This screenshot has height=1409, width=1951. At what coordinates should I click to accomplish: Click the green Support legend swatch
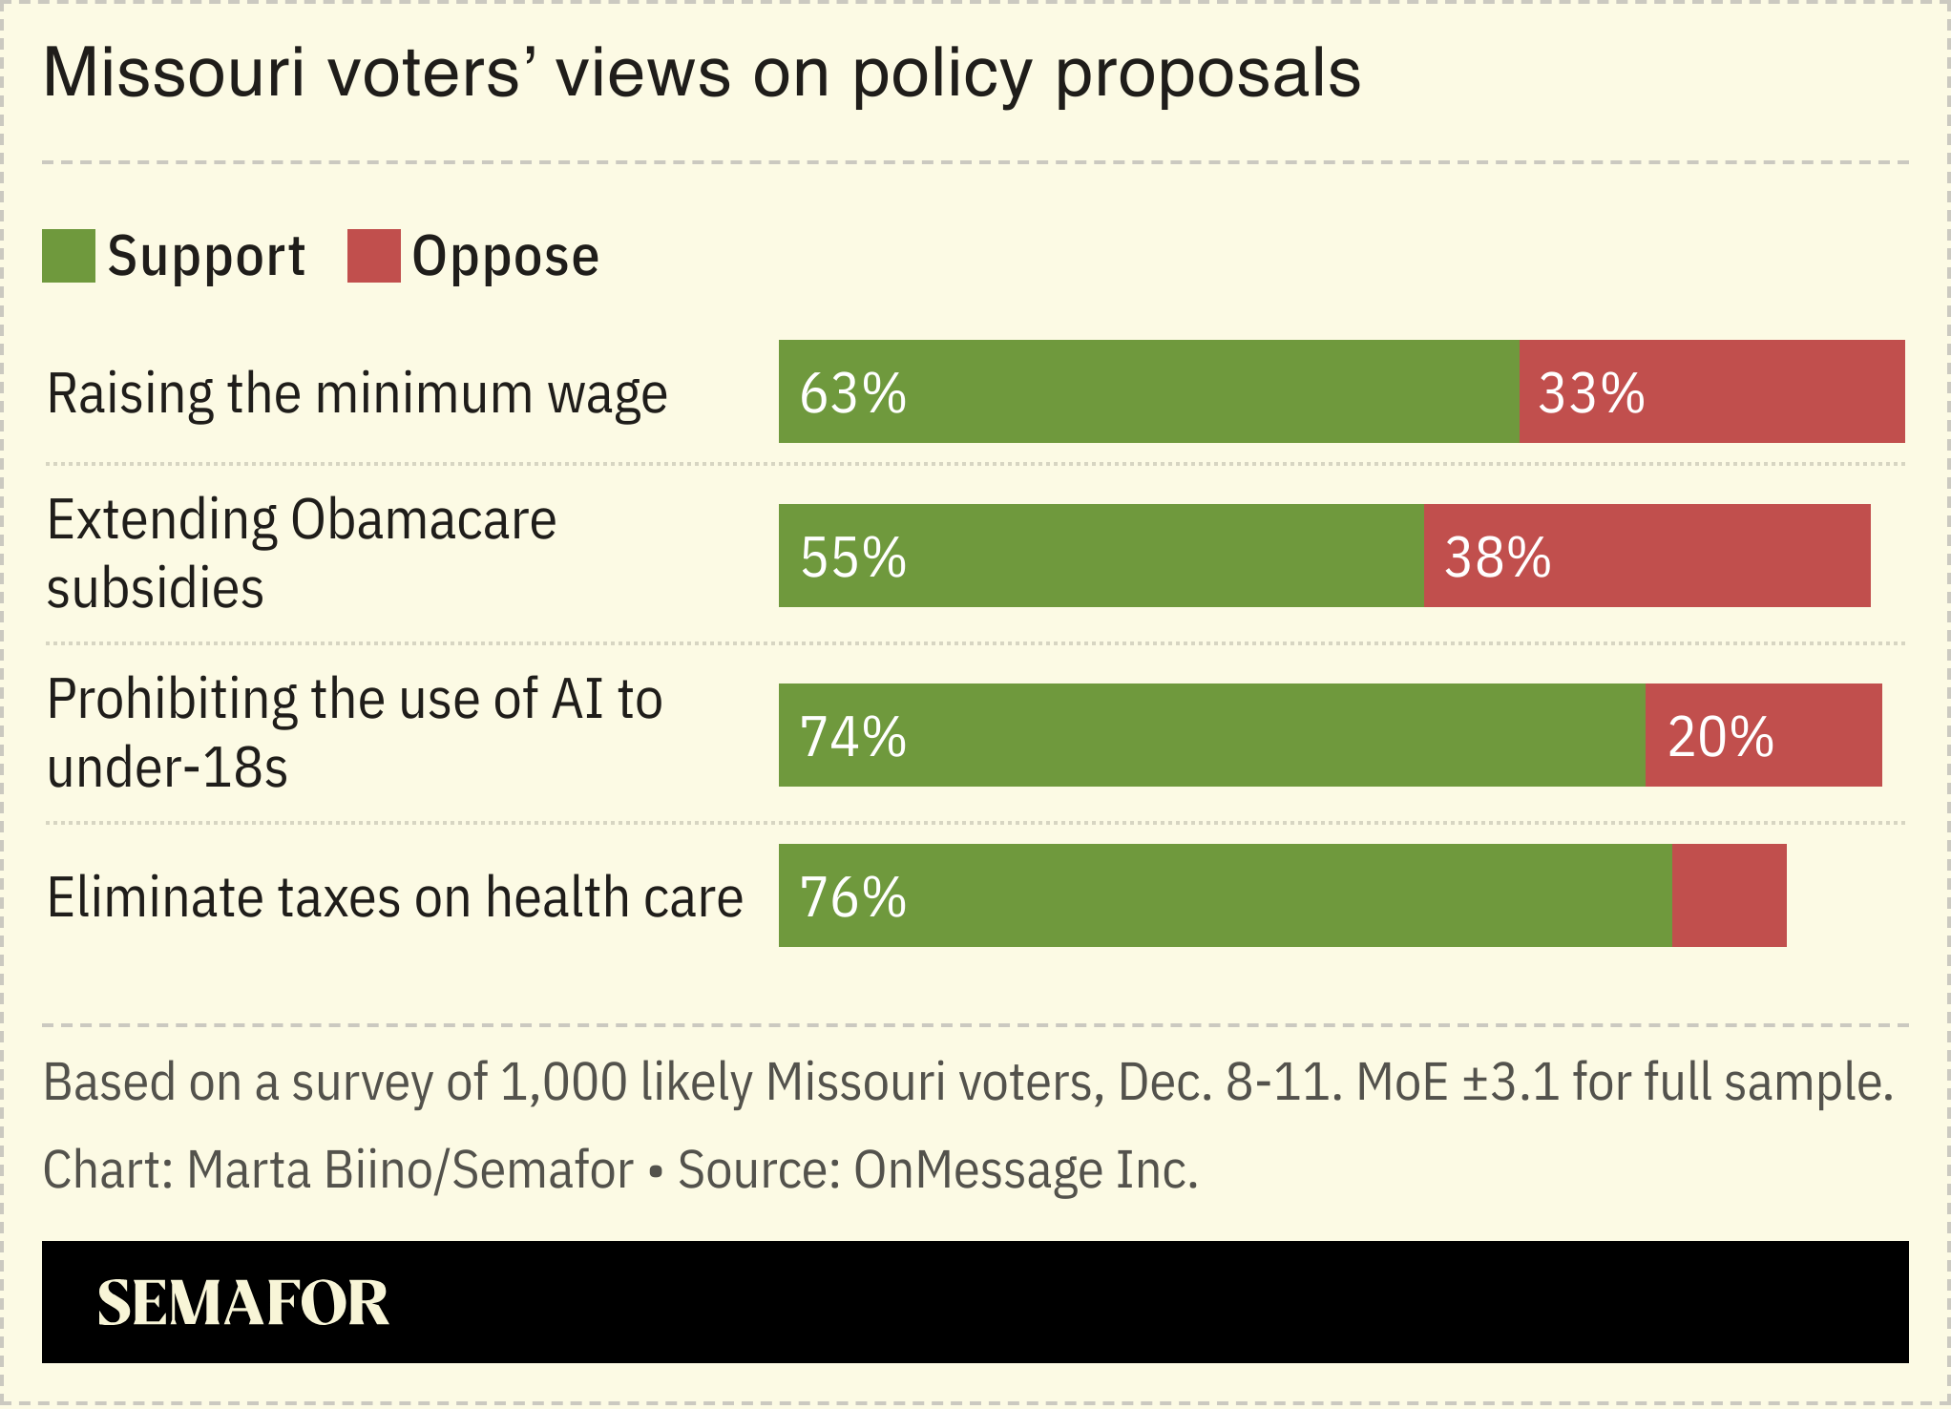tap(68, 256)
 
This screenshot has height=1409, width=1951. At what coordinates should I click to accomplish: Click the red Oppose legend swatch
tap(373, 256)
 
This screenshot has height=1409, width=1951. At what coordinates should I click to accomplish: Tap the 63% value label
tap(852, 392)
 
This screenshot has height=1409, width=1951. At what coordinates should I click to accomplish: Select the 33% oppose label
tap(1591, 392)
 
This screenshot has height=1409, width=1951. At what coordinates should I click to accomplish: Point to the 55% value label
tap(852, 557)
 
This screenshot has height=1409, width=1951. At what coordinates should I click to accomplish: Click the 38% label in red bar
tap(1497, 557)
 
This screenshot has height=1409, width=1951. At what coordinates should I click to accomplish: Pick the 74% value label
tap(852, 736)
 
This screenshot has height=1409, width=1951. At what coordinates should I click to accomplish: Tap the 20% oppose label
tap(1720, 736)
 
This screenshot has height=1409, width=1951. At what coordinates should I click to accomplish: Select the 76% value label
tap(852, 896)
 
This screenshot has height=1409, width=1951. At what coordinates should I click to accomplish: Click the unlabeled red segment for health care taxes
tap(1729, 896)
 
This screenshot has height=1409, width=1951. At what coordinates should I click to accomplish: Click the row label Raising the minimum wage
tap(357, 393)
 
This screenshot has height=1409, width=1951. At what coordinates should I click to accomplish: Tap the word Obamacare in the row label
tap(423, 520)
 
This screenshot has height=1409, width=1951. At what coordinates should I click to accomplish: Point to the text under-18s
tap(167, 768)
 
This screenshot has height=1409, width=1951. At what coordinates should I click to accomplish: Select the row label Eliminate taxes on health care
tap(394, 897)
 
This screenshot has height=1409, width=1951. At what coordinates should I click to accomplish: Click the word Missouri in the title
tap(174, 73)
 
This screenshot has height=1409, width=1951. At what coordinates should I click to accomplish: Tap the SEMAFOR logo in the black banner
tap(242, 1302)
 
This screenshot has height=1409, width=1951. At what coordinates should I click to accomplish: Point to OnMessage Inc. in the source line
tap(1025, 1169)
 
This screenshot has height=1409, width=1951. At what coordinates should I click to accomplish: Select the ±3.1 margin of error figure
tap(1511, 1082)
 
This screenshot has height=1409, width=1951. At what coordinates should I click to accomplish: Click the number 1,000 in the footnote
tap(563, 1082)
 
